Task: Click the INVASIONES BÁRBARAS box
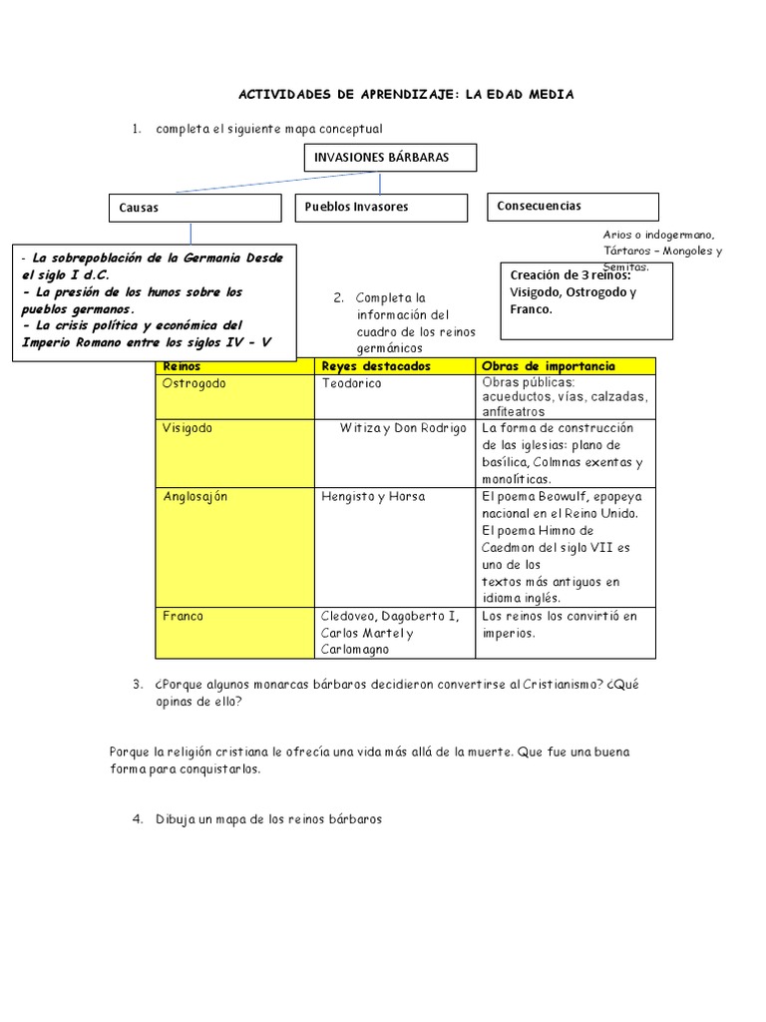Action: point(389,158)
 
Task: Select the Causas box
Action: point(194,208)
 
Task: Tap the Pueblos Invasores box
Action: point(380,208)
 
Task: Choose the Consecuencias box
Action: point(573,207)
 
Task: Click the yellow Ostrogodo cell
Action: point(235,396)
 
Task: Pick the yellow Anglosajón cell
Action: point(235,546)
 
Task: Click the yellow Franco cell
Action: point(235,633)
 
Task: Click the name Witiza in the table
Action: point(359,428)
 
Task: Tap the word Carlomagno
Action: point(356,650)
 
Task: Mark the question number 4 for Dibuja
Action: point(138,819)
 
